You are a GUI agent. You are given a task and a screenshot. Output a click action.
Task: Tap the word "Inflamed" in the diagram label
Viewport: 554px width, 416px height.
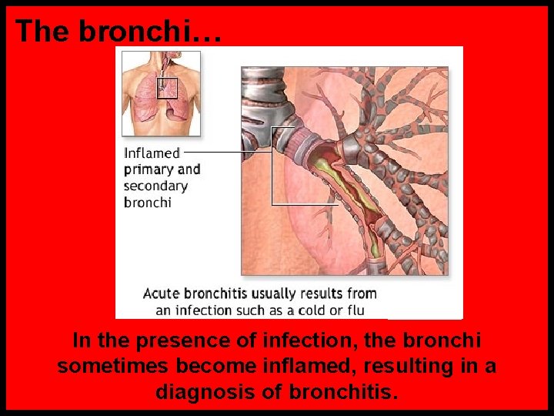coord(152,153)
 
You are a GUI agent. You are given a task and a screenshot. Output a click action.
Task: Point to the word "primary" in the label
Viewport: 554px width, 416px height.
coord(149,169)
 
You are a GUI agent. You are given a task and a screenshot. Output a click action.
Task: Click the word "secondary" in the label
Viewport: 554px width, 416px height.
coord(155,186)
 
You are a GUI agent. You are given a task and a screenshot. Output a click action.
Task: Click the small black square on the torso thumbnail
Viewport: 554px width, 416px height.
coord(167,88)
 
